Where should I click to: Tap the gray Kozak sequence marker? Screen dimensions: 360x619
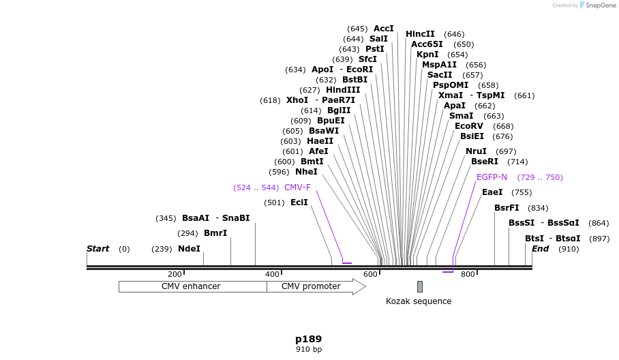click(x=420, y=286)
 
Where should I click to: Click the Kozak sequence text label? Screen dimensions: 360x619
click(x=419, y=301)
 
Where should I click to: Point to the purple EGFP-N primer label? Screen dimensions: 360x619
click(x=492, y=177)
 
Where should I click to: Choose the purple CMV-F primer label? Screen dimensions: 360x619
click(x=297, y=187)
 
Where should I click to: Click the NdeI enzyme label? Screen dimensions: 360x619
click(x=190, y=249)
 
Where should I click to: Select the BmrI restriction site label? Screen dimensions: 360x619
click(x=215, y=233)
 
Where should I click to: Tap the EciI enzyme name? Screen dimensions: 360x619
click(x=299, y=202)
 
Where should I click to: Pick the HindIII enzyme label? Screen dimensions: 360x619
click(x=343, y=90)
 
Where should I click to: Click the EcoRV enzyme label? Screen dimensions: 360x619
click(x=469, y=126)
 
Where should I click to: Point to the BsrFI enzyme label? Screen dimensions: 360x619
click(x=507, y=208)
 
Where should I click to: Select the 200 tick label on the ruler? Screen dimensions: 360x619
click(x=175, y=274)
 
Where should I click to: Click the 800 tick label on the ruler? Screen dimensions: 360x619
click(x=468, y=274)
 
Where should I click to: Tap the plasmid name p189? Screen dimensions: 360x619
click(x=308, y=339)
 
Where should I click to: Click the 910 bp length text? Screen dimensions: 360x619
click(x=308, y=350)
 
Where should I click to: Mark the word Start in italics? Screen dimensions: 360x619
click(x=97, y=249)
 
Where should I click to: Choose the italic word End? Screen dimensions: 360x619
click(x=540, y=249)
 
